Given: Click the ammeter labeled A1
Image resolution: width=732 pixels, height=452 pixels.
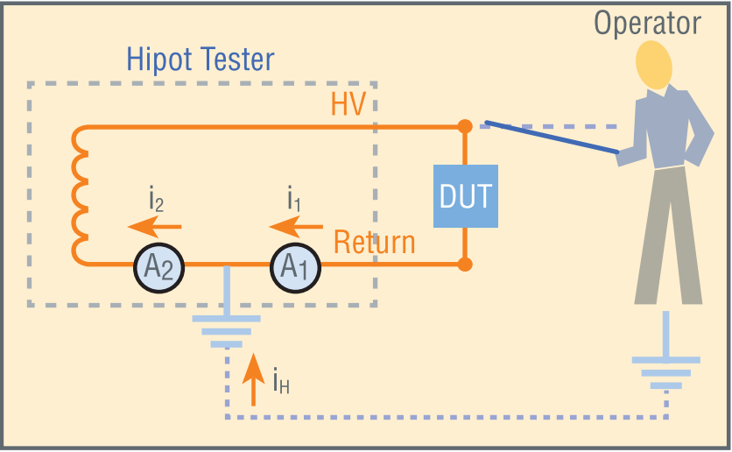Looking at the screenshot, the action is (x=295, y=268).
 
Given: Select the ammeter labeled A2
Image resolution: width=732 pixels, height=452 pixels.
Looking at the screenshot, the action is (x=158, y=268).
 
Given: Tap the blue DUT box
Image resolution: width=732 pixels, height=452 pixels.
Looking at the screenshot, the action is (x=466, y=196).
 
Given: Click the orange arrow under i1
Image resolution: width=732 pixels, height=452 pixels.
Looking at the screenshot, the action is (x=296, y=227).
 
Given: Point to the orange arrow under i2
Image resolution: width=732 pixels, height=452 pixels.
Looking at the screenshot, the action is (x=154, y=227).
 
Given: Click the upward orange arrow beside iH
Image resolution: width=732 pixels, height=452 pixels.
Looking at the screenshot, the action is (x=254, y=379).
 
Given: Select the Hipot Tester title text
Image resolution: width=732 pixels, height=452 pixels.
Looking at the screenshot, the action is (x=201, y=60).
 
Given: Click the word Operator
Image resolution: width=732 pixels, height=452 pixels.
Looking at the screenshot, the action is (x=647, y=24).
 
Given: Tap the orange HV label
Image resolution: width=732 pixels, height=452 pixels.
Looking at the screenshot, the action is (x=348, y=103).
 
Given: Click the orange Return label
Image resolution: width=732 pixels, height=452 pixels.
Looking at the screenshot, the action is (x=375, y=243).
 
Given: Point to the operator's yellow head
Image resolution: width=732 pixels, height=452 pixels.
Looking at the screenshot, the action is (x=654, y=65).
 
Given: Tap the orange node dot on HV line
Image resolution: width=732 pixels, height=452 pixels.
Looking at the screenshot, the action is (x=464, y=126).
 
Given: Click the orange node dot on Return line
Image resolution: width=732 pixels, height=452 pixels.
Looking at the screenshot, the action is (x=464, y=265).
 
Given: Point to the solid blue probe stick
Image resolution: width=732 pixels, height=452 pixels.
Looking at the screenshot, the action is (x=552, y=138).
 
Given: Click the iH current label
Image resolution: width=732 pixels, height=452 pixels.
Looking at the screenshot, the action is (x=281, y=380).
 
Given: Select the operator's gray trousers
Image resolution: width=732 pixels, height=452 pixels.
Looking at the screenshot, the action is (x=668, y=236).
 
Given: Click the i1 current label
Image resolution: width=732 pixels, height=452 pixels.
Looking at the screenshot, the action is (x=293, y=199).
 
